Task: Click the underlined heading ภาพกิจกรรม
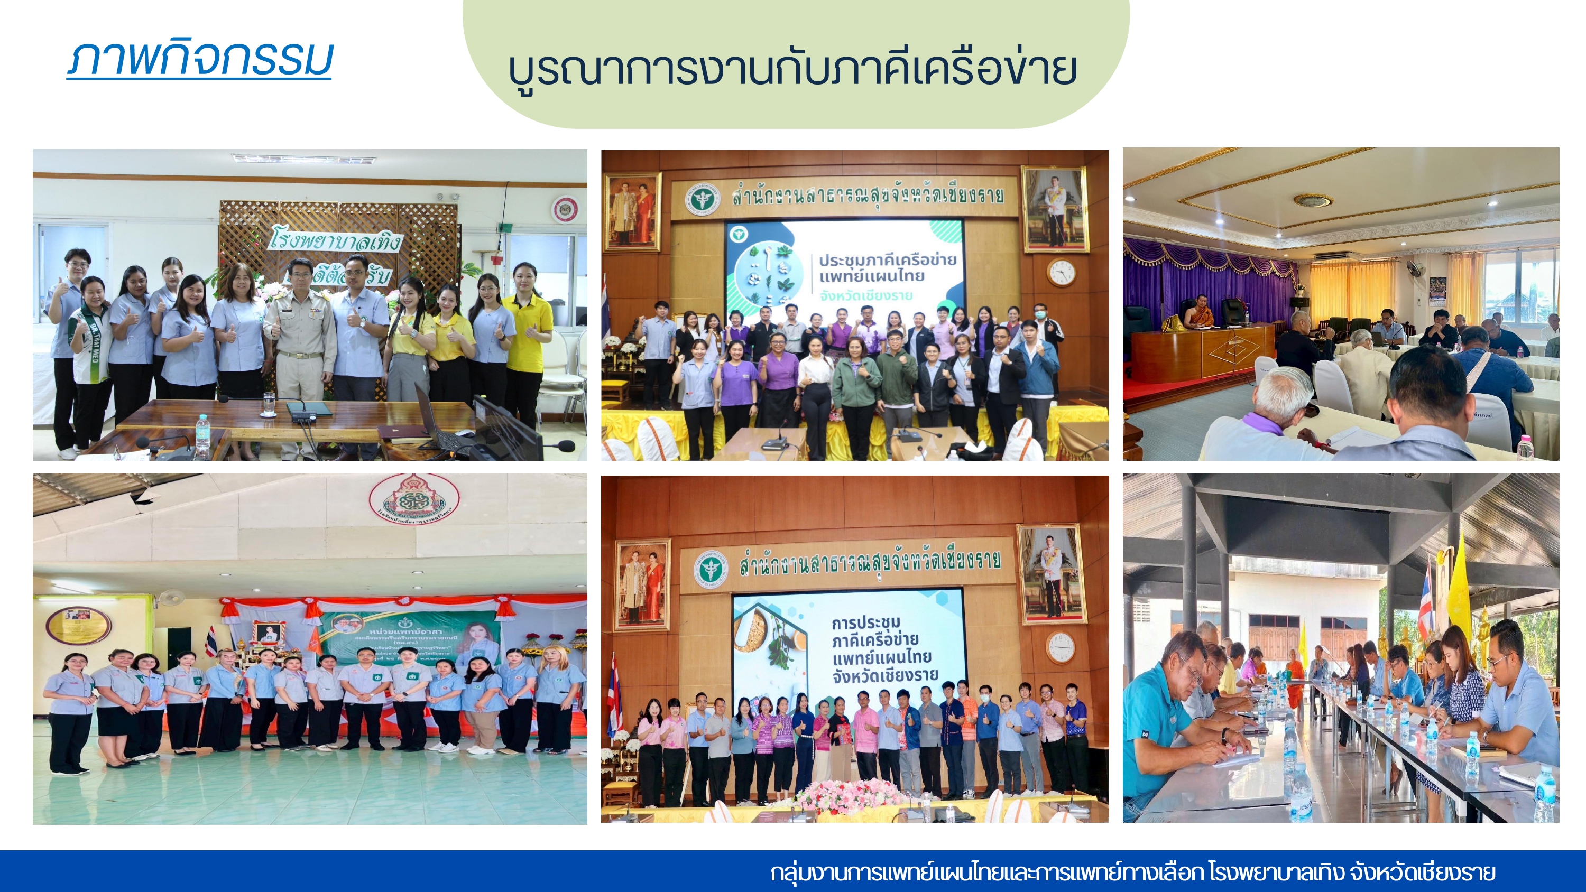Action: point(199,60)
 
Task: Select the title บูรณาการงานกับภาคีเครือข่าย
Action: point(793,69)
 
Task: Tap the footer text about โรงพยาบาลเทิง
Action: point(1133,872)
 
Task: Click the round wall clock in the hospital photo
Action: point(565,209)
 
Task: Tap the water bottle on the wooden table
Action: point(202,436)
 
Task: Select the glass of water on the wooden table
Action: point(269,404)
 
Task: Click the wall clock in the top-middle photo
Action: point(1061,272)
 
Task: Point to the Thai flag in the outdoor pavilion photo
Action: point(1425,600)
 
